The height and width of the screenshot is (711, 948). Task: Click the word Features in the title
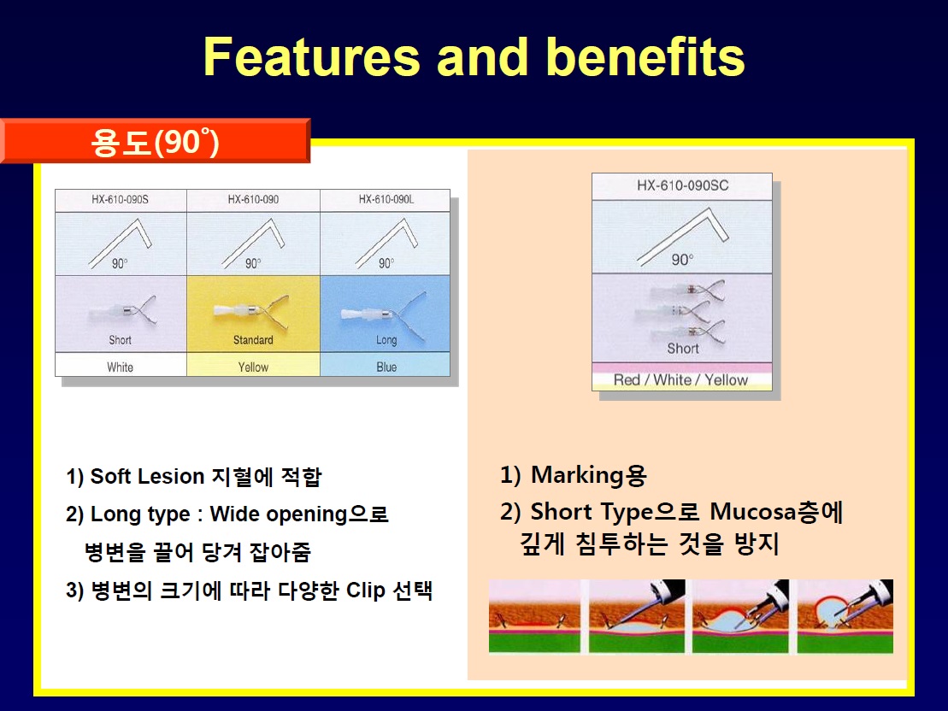(311, 56)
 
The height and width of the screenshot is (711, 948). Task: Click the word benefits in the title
(645, 56)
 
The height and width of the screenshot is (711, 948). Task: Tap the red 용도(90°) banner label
(156, 141)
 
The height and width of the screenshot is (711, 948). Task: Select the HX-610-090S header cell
(121, 199)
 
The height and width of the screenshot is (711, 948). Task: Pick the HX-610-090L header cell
(386, 199)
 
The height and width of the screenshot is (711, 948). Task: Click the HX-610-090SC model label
(683, 185)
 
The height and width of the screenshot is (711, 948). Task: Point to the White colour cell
(121, 367)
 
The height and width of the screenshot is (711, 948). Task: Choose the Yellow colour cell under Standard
(253, 367)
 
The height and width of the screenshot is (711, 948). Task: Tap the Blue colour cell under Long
(386, 367)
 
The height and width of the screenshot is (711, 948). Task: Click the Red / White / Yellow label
(680, 379)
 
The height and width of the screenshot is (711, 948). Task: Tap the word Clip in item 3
(365, 591)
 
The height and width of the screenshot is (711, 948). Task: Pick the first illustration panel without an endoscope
(534, 617)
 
